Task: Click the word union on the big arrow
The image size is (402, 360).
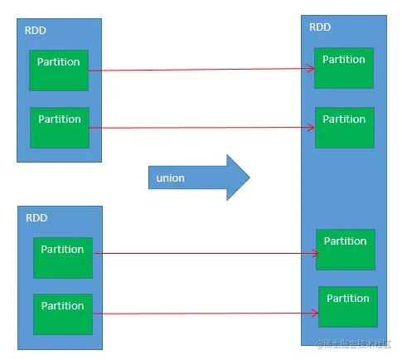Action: pyautogui.click(x=170, y=178)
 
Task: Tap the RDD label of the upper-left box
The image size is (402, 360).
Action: pyautogui.click(x=36, y=31)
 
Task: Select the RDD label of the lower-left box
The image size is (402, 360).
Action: pyautogui.click(x=36, y=218)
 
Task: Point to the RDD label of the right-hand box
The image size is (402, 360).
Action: pyautogui.click(x=320, y=27)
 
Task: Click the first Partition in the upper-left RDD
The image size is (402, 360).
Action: pyautogui.click(x=59, y=71)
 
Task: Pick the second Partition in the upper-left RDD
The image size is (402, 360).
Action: pyautogui.click(x=60, y=128)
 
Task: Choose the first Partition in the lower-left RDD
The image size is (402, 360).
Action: pyautogui.click(x=63, y=258)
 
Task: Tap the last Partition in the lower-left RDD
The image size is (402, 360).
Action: pyautogui.click(x=63, y=314)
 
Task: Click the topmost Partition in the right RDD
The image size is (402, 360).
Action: pyautogui.click(x=344, y=68)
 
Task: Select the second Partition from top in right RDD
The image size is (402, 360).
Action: pyautogui.click(x=345, y=128)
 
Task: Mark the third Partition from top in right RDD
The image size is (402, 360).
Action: pyautogui.click(x=346, y=250)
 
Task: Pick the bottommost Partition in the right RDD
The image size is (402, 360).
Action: pyautogui.click(x=348, y=307)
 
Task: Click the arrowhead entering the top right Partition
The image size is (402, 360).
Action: pyautogui.click(x=311, y=68)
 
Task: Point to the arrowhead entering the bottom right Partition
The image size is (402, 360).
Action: pyautogui.click(x=315, y=313)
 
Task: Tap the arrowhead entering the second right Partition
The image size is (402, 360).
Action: pyautogui.click(x=312, y=127)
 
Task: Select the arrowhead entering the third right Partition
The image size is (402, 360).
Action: pyautogui.click(x=316, y=253)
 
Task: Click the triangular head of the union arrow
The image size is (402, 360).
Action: pyautogui.click(x=238, y=178)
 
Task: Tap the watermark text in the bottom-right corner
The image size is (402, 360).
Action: pyautogui.click(x=354, y=344)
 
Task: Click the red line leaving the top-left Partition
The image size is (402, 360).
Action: pyautogui.click(x=201, y=70)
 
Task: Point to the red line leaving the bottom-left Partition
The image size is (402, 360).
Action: pyautogui.click(x=206, y=314)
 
